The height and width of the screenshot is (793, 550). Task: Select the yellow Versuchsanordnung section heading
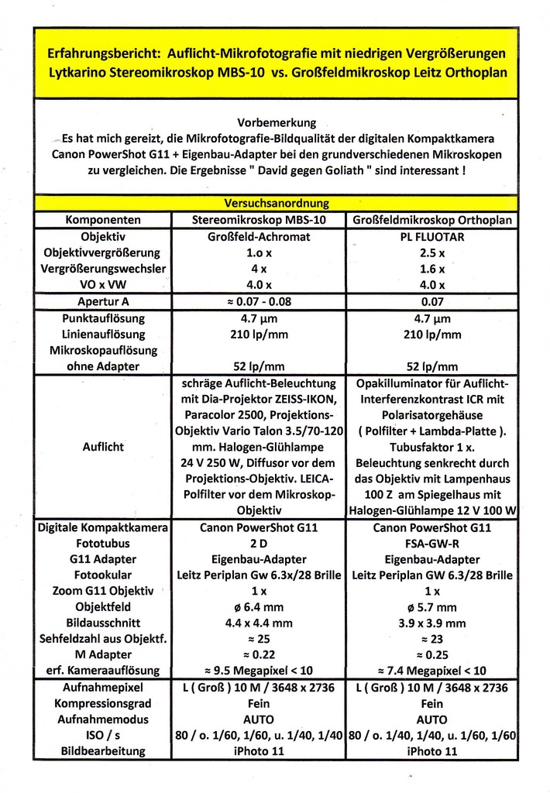[276, 204]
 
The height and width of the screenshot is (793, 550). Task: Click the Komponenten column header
[103, 221]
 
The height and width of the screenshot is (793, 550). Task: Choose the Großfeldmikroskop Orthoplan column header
[432, 221]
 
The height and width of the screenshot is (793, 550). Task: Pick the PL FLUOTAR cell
[432, 237]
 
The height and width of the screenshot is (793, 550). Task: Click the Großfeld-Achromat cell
[259, 237]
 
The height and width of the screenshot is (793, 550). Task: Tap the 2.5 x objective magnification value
[432, 252]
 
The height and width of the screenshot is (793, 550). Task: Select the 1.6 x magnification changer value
[432, 269]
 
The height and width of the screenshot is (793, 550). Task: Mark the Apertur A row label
[103, 301]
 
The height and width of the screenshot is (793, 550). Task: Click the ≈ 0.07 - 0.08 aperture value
[259, 301]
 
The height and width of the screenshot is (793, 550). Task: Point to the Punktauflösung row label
[103, 318]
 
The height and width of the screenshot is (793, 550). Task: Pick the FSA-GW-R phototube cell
[432, 544]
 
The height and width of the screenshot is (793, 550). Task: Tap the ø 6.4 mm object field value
[259, 607]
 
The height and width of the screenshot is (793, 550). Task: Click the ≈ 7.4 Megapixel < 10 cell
[432, 671]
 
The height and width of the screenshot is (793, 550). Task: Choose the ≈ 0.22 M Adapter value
[259, 655]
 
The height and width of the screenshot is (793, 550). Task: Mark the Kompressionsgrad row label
[103, 704]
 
